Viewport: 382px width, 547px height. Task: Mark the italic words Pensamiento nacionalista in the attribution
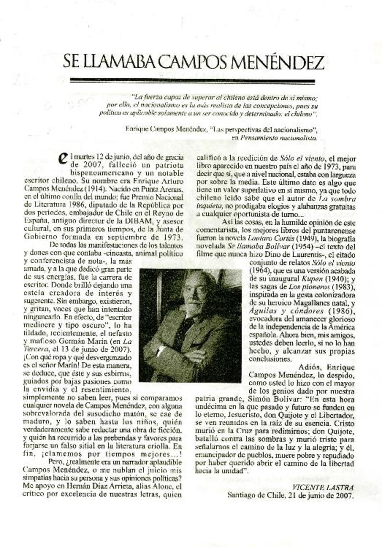point(281,137)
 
